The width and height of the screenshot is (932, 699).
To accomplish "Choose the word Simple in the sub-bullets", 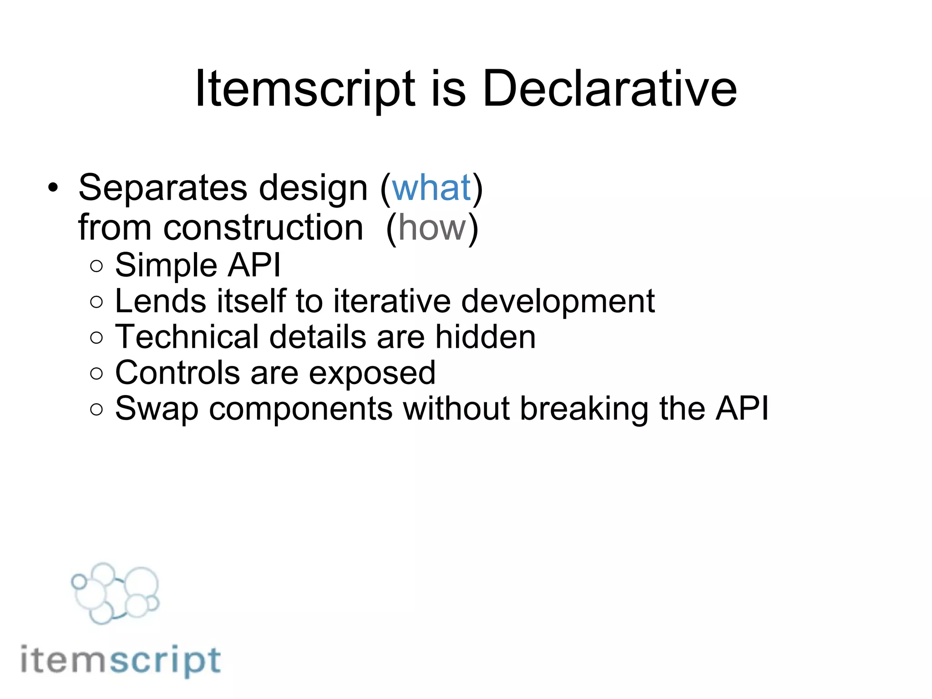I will pyautogui.click(x=166, y=266).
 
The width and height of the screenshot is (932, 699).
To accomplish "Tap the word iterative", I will pyautogui.click(x=392, y=301).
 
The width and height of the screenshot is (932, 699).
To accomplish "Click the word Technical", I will pyautogui.click(x=187, y=337).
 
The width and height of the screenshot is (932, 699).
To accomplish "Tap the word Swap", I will pyautogui.click(x=157, y=409).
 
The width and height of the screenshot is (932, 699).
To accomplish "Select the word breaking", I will pyautogui.click(x=584, y=409).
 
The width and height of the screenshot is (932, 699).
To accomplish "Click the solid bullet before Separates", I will pyautogui.click(x=53, y=188).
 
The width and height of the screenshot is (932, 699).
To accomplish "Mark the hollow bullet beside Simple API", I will pyautogui.click(x=96, y=266).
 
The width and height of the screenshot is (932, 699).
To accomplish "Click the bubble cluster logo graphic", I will pyautogui.click(x=115, y=593).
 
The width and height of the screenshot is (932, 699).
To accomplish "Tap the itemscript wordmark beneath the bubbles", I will pyautogui.click(x=121, y=660).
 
